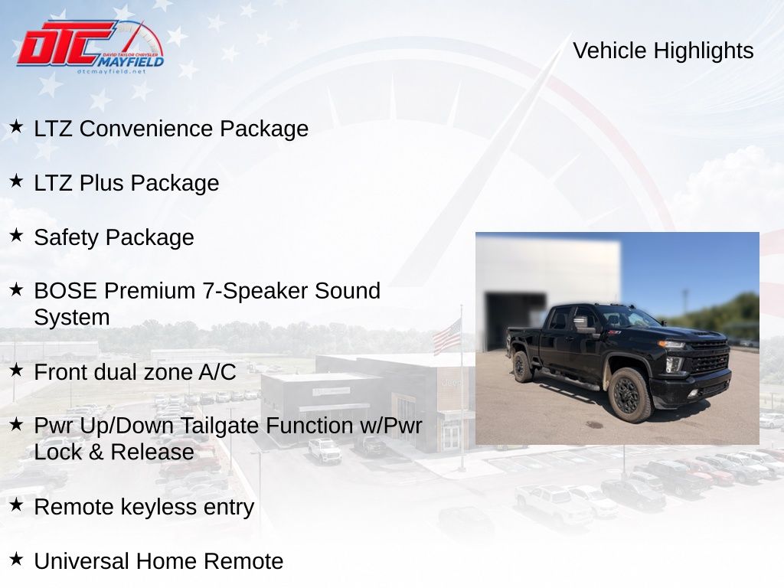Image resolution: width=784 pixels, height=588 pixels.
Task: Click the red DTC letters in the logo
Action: pos(65,43)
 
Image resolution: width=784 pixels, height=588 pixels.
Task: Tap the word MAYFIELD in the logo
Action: pos(130,61)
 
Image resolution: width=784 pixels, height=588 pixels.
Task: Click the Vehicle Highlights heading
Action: pos(663,51)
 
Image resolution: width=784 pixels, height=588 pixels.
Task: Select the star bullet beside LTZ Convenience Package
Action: pos(16,126)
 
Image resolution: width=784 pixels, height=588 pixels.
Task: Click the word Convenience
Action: pos(146,129)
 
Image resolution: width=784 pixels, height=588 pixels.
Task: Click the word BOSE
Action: pos(66,291)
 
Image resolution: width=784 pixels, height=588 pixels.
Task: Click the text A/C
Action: pos(217,372)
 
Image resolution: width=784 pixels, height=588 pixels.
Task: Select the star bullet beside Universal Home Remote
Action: pos(16,558)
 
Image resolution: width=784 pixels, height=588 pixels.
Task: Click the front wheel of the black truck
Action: pos(631,395)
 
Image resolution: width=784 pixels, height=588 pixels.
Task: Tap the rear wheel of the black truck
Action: pos(522,367)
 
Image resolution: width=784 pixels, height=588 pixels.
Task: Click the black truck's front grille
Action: pos(708,356)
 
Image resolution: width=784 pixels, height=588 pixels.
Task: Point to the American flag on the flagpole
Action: pos(446,337)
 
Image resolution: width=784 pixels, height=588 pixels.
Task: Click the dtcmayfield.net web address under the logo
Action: pos(111,71)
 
